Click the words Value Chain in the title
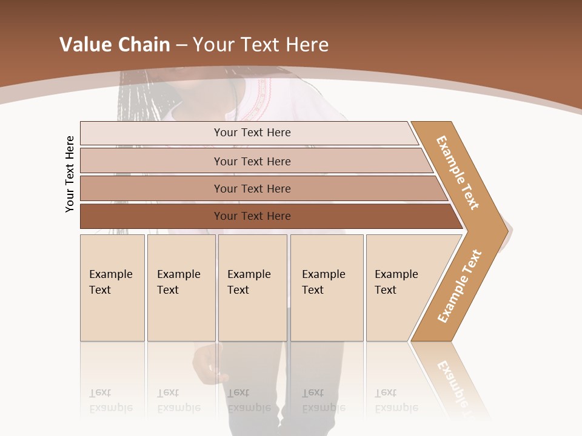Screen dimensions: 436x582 [x=115, y=45]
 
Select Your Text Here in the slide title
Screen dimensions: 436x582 [x=261, y=45]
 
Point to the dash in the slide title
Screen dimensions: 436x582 [x=181, y=45]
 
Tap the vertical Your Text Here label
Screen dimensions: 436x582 [x=70, y=174]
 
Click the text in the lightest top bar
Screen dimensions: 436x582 [x=252, y=133]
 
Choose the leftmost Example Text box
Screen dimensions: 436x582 [x=112, y=288]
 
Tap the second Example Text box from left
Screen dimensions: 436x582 [x=181, y=288]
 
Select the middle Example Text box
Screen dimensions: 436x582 [x=252, y=288]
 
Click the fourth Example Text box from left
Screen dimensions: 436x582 [x=326, y=288]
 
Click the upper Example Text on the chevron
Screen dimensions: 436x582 [x=458, y=173]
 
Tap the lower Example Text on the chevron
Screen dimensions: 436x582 [x=460, y=286]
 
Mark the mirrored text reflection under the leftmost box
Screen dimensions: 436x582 [x=110, y=401]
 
